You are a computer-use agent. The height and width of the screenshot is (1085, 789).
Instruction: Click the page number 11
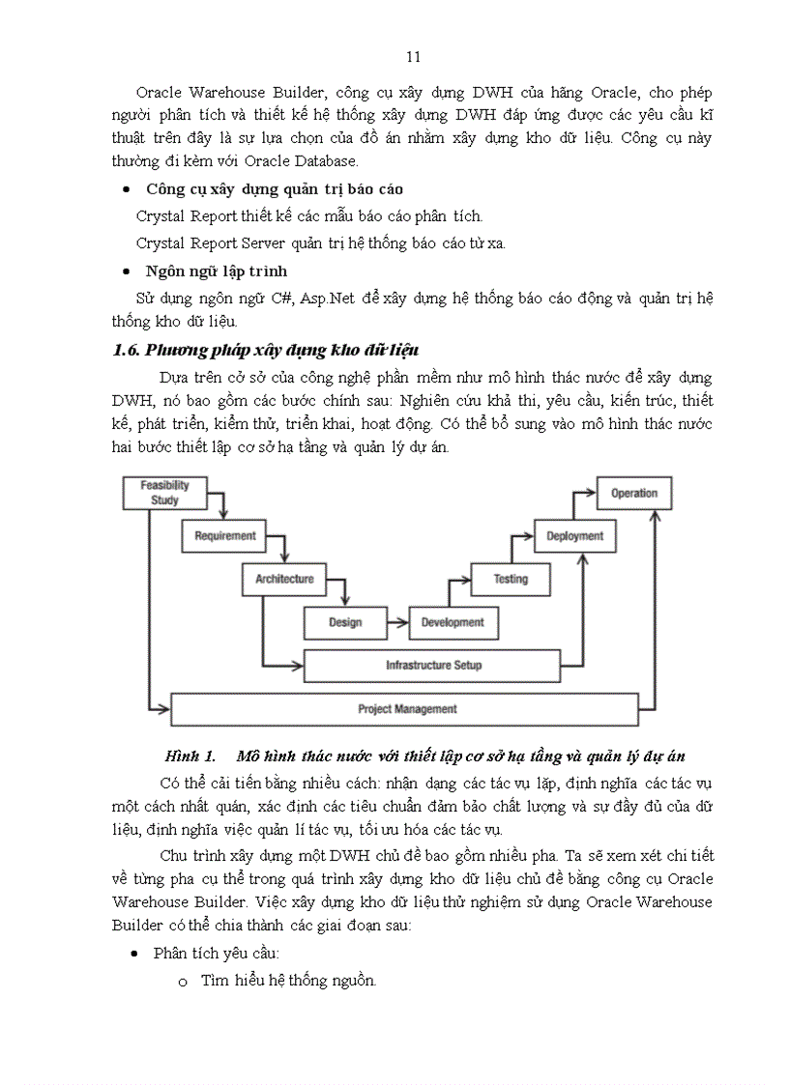[414, 57]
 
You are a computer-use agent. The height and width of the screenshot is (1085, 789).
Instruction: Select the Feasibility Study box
[165, 493]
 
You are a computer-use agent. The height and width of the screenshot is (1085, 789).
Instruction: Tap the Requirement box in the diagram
[225, 535]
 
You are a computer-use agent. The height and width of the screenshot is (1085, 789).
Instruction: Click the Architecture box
[284, 579]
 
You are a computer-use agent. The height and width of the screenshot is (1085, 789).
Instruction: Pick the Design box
[345, 622]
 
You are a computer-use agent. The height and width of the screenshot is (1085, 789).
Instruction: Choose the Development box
[453, 622]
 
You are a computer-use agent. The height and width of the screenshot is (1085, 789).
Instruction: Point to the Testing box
[511, 579]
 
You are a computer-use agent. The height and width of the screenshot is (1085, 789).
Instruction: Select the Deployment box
[575, 535]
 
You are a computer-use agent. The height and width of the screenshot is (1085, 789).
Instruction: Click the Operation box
[633, 493]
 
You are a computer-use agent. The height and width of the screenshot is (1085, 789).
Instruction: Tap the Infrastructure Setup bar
[433, 666]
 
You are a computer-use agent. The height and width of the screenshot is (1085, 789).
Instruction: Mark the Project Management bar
[406, 709]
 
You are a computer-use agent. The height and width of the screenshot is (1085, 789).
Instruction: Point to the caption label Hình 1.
[189, 756]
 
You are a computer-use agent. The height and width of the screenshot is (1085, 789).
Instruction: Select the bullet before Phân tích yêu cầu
[134, 954]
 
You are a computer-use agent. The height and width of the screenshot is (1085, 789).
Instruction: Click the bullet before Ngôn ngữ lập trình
[128, 271]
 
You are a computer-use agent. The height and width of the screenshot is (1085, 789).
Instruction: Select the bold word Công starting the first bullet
[165, 188]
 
